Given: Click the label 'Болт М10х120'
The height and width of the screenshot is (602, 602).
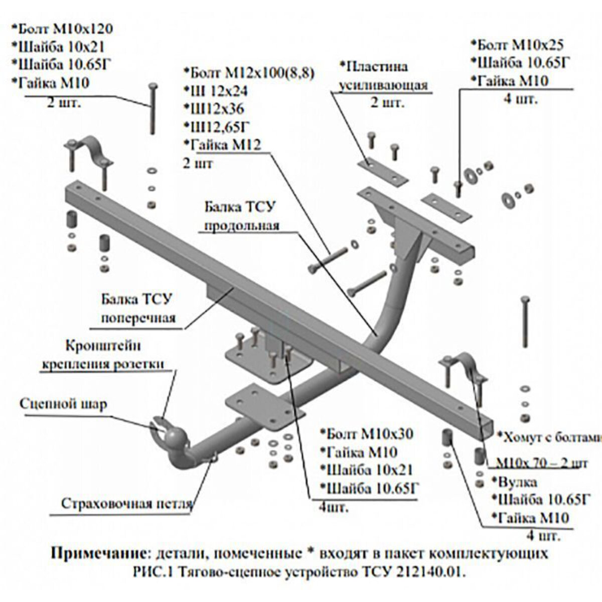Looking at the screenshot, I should [x=62, y=29].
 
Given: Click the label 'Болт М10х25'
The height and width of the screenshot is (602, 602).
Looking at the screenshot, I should [x=517, y=45].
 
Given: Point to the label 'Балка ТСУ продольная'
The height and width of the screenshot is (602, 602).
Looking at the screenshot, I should [x=240, y=216].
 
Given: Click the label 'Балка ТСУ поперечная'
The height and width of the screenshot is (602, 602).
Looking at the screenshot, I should [x=137, y=309].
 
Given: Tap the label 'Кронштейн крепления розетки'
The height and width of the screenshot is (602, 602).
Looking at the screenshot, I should [x=103, y=354].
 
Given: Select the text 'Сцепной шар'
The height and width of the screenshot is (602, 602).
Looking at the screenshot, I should [x=63, y=404].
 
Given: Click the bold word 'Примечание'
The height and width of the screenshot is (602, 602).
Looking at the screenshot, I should [x=98, y=554].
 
